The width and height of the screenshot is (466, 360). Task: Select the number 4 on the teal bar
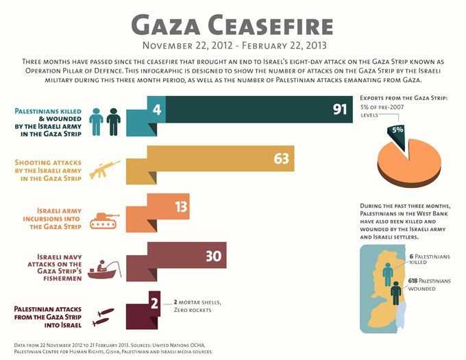[x=157, y=108]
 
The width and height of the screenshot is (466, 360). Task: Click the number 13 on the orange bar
[x=182, y=207]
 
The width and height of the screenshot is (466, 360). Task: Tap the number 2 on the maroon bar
[x=155, y=302]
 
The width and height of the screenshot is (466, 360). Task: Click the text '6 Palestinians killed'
[x=428, y=259]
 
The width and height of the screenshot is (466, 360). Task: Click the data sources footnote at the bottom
[x=114, y=346]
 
